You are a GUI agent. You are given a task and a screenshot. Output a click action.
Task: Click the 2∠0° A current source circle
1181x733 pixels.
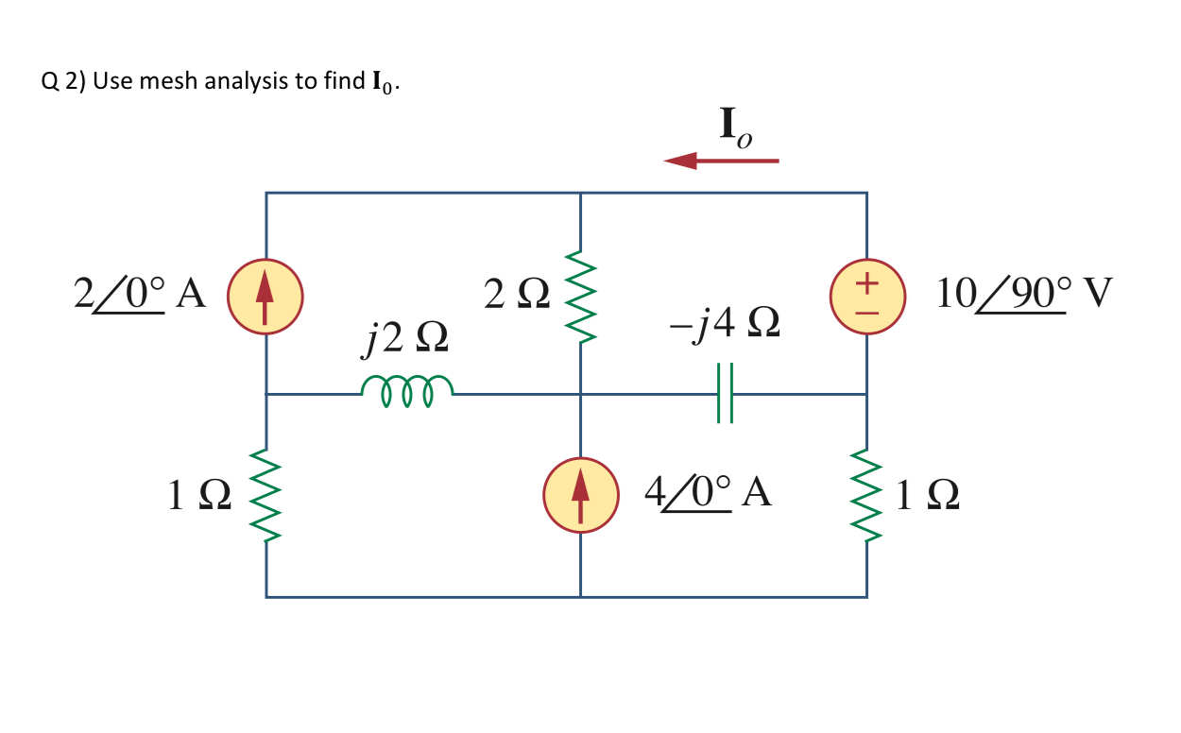tap(265, 295)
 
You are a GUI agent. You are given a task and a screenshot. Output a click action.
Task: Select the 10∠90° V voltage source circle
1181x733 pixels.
tap(867, 295)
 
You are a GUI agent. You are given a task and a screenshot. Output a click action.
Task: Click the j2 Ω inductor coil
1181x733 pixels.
tap(407, 390)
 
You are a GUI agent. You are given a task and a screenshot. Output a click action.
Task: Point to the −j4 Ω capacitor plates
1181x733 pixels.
tap(724, 393)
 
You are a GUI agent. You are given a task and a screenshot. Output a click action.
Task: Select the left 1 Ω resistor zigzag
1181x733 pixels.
tap(266, 495)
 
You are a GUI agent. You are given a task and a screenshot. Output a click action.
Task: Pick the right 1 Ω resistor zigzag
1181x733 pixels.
tap(867, 495)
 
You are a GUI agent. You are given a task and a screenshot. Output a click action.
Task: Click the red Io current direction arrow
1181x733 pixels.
tap(721, 162)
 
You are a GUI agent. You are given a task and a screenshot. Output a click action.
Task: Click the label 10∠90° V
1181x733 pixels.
tap(1023, 295)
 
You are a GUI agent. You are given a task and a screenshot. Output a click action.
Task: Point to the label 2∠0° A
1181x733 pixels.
tap(140, 295)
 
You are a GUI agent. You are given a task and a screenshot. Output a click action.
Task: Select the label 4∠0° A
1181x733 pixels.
tap(708, 493)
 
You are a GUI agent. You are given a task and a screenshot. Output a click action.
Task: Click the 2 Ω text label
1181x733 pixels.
tap(515, 295)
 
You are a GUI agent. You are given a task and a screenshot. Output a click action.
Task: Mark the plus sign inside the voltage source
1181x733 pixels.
tap(867, 281)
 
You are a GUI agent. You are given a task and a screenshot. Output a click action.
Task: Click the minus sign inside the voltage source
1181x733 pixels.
tap(867, 309)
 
